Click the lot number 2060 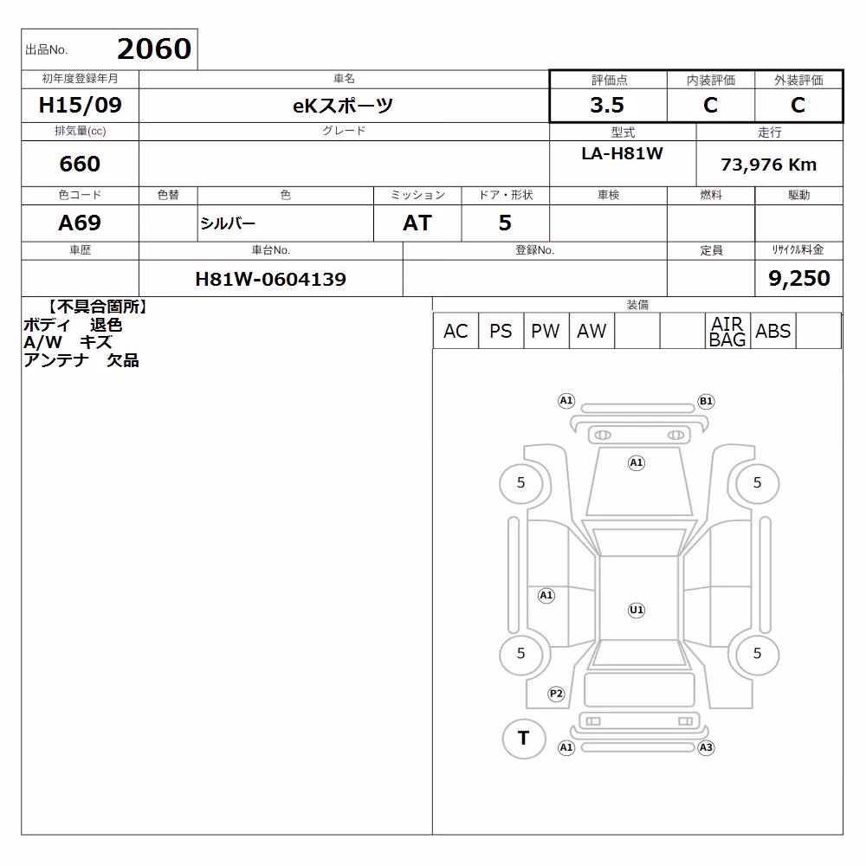point(154,48)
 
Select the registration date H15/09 point(80,105)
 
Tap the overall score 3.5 point(607,105)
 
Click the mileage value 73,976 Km point(768,165)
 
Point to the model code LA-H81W point(622,153)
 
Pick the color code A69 point(80,223)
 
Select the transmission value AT point(417,223)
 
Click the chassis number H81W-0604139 point(270,279)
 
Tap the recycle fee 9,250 point(799,278)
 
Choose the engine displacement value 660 point(80,164)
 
